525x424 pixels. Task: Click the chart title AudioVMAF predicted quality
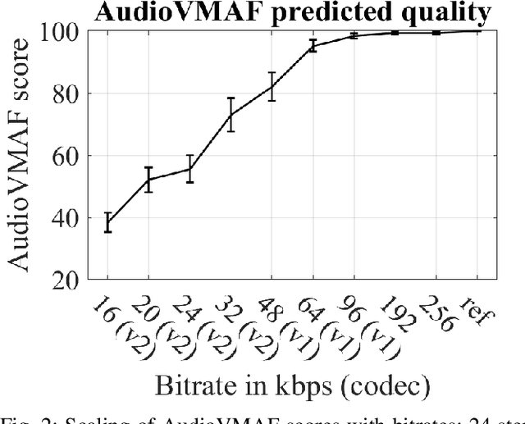[x=291, y=13]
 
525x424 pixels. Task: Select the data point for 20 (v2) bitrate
[x=148, y=180]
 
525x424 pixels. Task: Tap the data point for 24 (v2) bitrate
[x=189, y=169]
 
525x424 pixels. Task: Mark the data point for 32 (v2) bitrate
[x=231, y=114]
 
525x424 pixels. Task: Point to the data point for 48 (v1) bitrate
[x=272, y=86]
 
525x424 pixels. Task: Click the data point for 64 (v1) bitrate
[x=313, y=45]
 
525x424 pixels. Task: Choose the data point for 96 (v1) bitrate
[x=354, y=35]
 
